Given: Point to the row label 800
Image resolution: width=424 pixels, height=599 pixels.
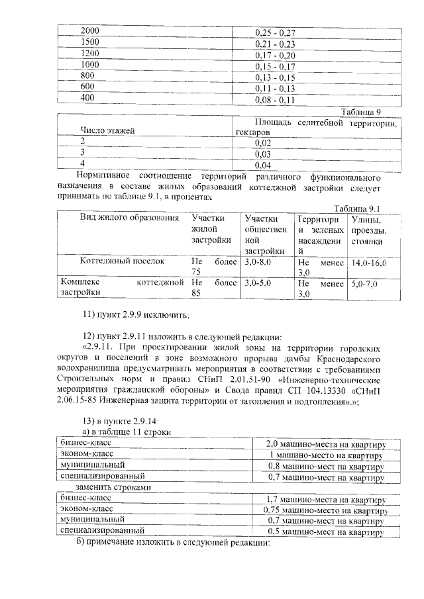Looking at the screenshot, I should [x=87, y=75].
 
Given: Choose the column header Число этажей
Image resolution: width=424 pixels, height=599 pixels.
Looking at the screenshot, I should [x=108, y=131].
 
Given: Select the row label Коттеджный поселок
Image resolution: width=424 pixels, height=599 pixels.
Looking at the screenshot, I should [x=122, y=262].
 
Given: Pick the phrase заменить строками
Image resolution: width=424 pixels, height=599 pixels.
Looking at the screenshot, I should [x=108, y=487].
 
